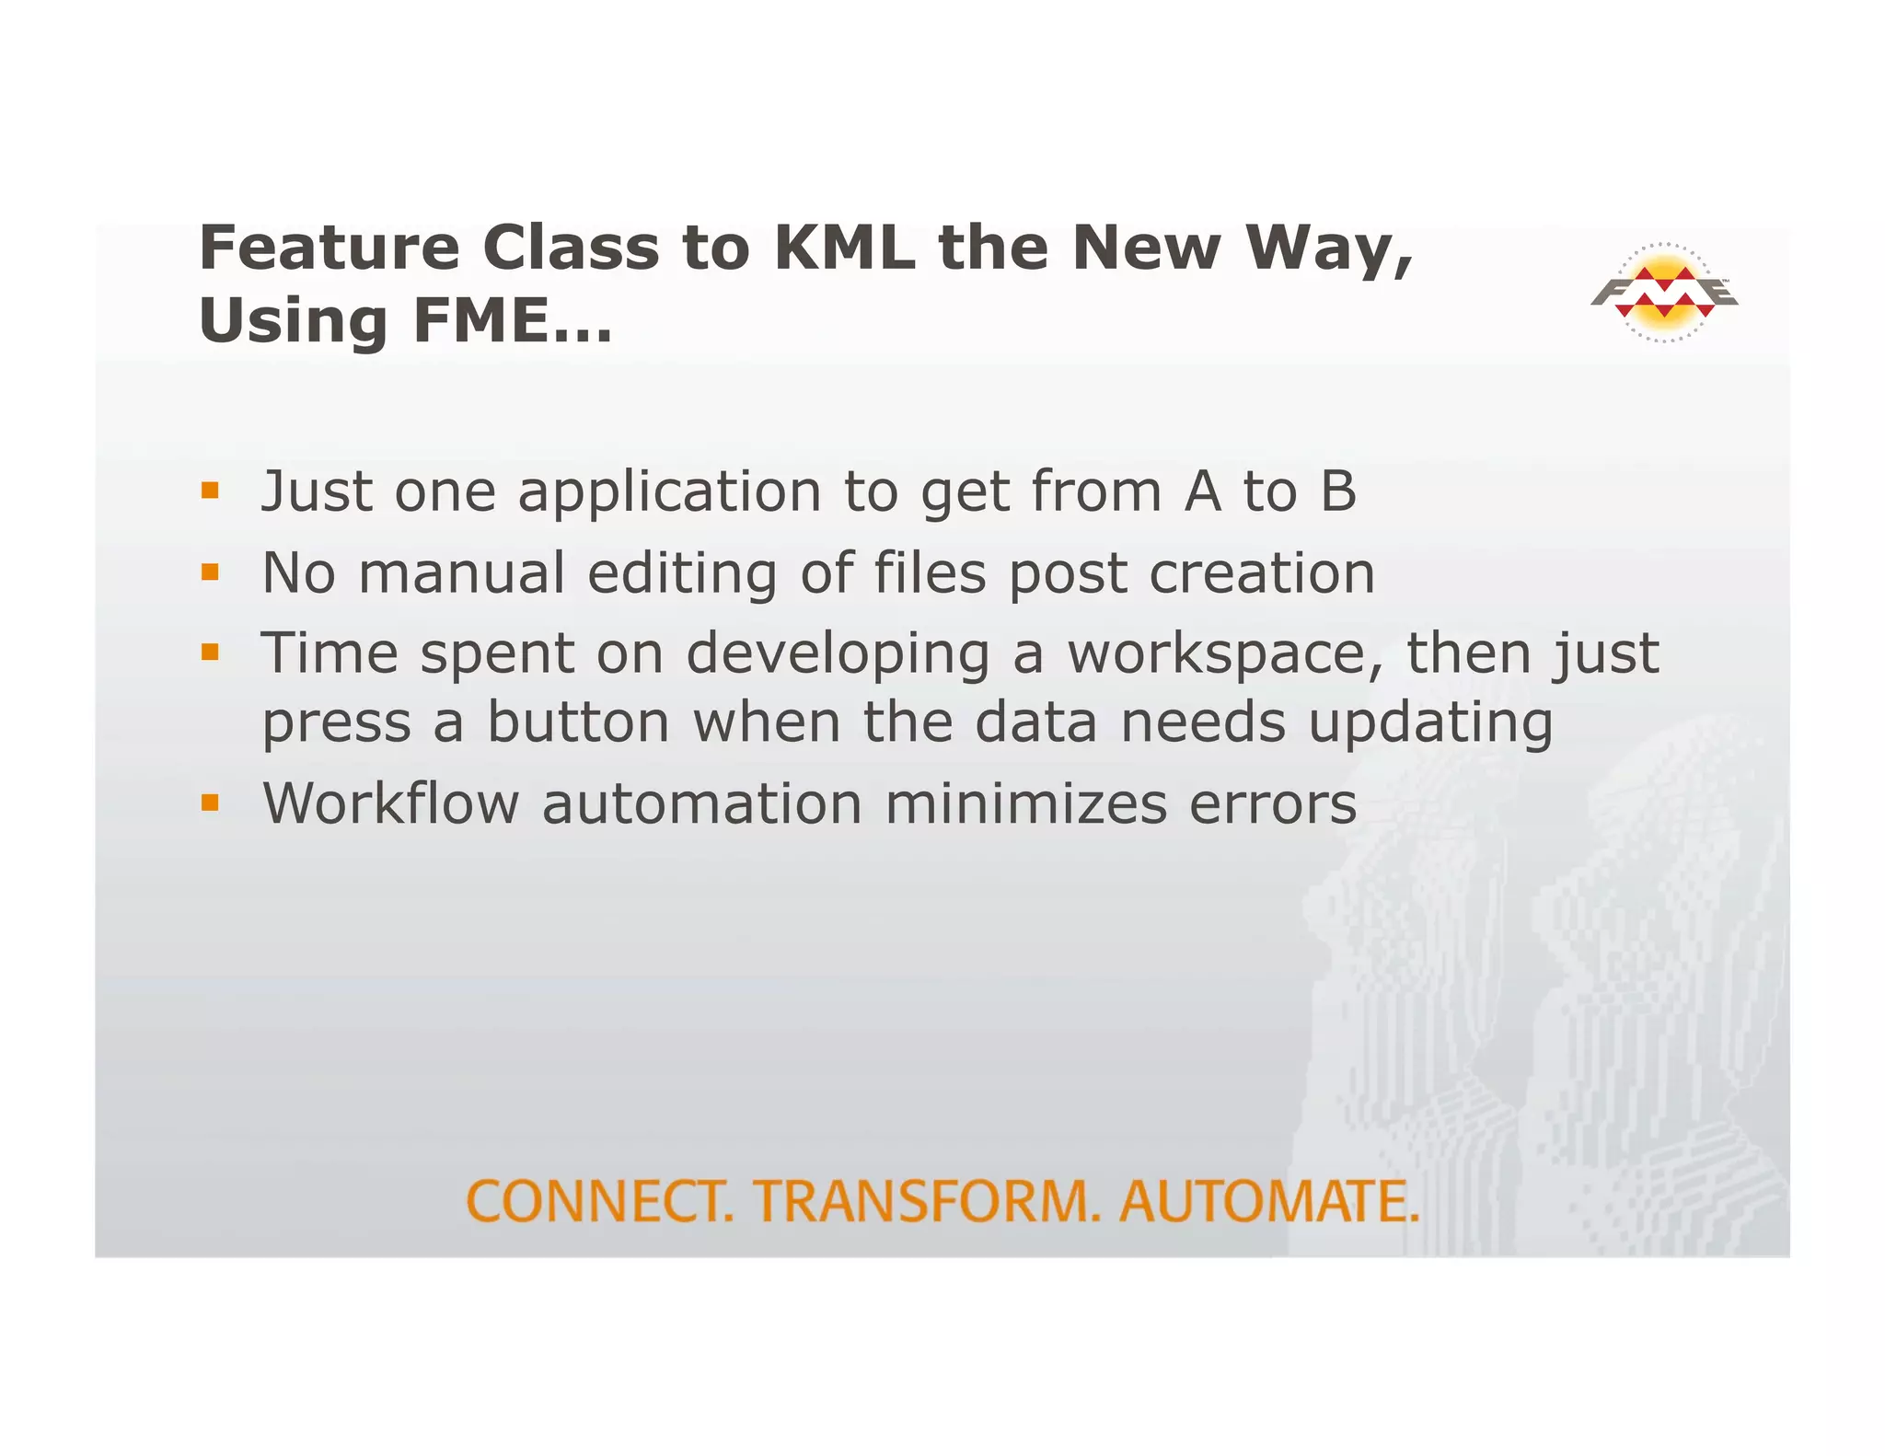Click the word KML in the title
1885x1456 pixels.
point(844,248)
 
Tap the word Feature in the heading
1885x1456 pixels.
point(329,248)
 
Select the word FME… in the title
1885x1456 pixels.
point(512,321)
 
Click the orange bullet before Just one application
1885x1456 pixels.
point(211,491)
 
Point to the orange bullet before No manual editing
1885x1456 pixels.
point(211,572)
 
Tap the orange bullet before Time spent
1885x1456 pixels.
point(211,653)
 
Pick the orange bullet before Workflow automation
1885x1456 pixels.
point(211,803)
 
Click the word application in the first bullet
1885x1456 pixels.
point(669,493)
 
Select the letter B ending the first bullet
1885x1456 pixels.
point(1337,491)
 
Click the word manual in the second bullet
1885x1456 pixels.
point(461,573)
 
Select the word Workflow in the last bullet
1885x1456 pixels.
point(391,803)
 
